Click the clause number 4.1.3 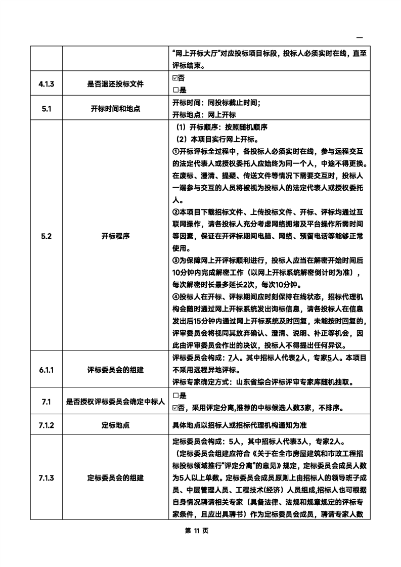(x=46, y=84)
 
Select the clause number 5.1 (x=46, y=109)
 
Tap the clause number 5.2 (x=46, y=236)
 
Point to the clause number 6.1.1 (x=46, y=369)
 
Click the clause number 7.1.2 (x=46, y=425)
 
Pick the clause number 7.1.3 (x=46, y=477)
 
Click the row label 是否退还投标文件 (x=115, y=84)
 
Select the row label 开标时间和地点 (x=115, y=109)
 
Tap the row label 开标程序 (x=115, y=236)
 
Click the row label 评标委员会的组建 (x=115, y=369)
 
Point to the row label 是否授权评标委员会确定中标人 (x=115, y=402)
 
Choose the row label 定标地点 (x=115, y=425)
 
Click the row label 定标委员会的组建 (x=115, y=477)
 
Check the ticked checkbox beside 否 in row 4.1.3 (x=175, y=78)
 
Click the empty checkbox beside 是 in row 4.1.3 (x=175, y=90)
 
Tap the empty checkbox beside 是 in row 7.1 (x=175, y=396)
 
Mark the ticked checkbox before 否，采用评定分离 (x=175, y=408)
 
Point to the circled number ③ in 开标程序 (x=175, y=260)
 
